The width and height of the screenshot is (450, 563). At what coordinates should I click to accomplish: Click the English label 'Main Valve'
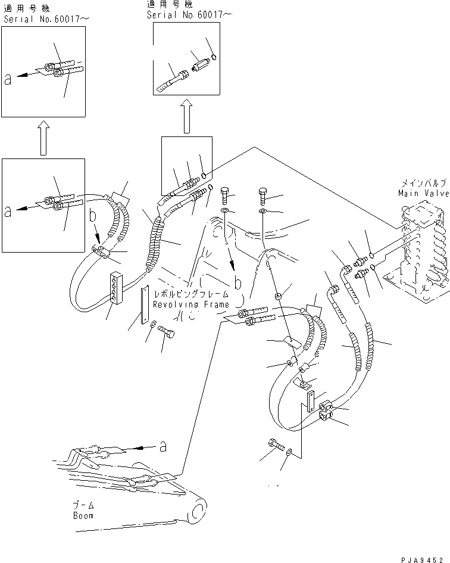click(x=423, y=193)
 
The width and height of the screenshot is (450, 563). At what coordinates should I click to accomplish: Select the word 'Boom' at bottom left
click(x=83, y=515)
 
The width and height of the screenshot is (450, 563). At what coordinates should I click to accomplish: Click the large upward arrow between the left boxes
click(x=43, y=137)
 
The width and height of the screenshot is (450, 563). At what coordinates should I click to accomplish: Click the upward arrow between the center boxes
click(x=186, y=116)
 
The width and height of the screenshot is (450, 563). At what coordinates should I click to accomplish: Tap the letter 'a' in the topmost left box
click(x=7, y=80)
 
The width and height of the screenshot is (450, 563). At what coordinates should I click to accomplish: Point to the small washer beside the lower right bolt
click(x=289, y=453)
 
